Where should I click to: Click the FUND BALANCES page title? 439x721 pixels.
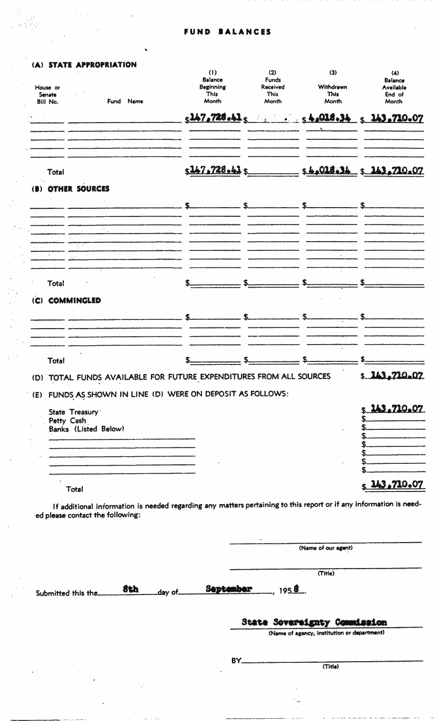[x=227, y=32]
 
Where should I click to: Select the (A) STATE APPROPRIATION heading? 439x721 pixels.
[x=84, y=65]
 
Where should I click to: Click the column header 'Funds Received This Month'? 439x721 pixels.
[x=273, y=90]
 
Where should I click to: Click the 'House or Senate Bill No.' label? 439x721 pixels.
[x=47, y=94]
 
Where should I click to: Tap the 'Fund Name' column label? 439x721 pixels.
[x=125, y=101]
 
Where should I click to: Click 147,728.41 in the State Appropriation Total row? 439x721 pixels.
[x=215, y=170]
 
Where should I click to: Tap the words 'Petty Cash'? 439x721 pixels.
[x=67, y=421]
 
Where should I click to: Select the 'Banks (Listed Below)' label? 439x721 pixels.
[x=86, y=429]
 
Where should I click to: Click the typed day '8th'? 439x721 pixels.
[x=131, y=589]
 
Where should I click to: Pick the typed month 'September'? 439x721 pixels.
[x=228, y=589]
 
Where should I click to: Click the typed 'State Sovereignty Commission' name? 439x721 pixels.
[x=314, y=622]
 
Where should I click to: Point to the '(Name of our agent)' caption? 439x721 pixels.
[x=326, y=548]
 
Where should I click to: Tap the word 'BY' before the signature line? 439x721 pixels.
[x=236, y=661]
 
